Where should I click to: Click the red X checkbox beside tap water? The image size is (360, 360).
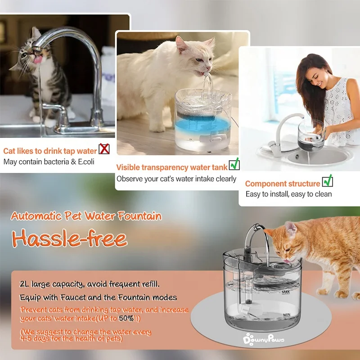[104, 149]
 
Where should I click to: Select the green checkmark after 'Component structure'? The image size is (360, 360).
[328, 181]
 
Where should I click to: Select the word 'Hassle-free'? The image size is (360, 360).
[69, 238]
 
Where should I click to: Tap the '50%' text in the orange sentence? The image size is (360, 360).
[126, 318]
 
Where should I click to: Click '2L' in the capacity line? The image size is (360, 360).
[25, 284]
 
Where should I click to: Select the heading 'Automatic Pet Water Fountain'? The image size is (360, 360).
[86, 216]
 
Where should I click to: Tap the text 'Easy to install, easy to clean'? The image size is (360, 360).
[288, 194]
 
